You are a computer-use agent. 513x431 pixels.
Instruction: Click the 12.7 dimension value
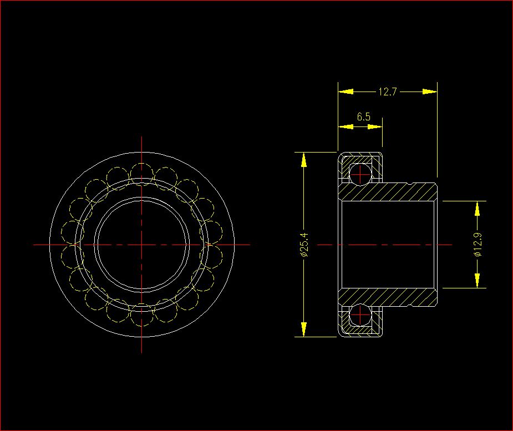pyautogui.click(x=387, y=92)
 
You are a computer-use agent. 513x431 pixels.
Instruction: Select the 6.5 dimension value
pyautogui.click(x=363, y=116)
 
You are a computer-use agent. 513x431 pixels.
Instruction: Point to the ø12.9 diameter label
pyautogui.click(x=478, y=244)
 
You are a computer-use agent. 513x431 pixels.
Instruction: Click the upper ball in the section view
pyautogui.click(x=360, y=174)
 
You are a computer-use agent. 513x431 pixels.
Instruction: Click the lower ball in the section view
pyautogui.click(x=360, y=315)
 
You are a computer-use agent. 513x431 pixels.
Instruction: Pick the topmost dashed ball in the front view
pyautogui.click(x=141, y=174)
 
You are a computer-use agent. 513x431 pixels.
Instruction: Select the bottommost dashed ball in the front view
pyautogui.click(x=141, y=315)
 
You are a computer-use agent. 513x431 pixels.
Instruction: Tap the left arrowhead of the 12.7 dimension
pyautogui.click(x=346, y=92)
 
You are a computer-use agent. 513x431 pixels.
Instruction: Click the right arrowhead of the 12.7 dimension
pyautogui.click(x=430, y=92)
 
